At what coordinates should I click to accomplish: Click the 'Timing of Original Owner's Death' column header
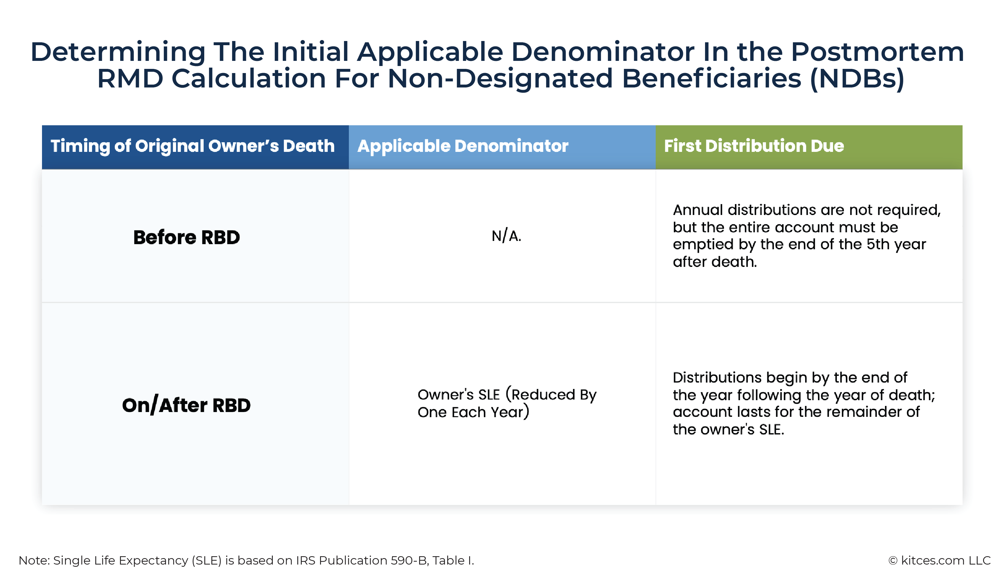click(193, 146)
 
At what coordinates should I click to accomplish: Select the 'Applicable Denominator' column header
click(463, 146)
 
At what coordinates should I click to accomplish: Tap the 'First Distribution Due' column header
click(754, 146)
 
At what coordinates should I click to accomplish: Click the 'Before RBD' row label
click(187, 237)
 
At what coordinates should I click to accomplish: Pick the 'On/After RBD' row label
click(187, 405)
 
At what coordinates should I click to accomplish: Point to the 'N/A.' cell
click(506, 236)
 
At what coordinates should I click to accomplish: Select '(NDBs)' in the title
click(857, 78)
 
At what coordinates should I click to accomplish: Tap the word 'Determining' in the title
click(118, 53)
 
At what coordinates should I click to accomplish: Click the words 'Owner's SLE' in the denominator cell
click(459, 395)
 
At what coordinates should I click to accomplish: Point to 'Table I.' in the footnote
click(453, 560)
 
